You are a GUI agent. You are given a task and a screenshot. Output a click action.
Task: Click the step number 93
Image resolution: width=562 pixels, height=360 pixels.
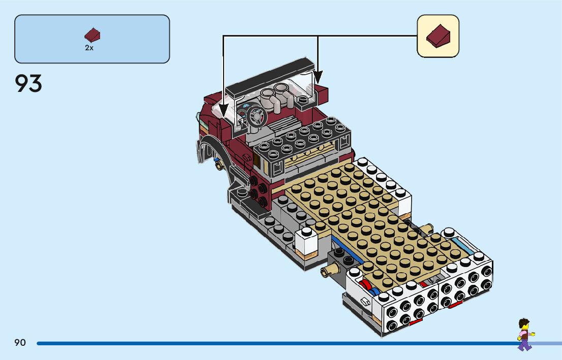[x=28, y=83]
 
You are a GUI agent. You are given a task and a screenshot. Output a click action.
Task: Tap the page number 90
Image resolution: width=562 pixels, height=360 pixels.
[x=20, y=343]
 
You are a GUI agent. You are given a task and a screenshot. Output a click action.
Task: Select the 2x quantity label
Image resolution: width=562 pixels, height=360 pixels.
[x=89, y=48]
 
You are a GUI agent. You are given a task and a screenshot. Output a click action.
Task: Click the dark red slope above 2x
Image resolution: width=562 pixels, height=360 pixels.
[x=92, y=36]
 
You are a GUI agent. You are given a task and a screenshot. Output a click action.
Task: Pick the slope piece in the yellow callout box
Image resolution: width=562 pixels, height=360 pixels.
[x=438, y=36]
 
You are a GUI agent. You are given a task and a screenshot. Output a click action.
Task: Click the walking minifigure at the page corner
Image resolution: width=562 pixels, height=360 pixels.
[x=523, y=334]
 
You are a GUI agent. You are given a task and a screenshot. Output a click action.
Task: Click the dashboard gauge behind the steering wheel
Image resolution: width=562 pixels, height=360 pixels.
[x=243, y=113]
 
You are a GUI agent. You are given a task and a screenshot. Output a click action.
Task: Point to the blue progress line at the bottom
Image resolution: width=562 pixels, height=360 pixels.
[x=274, y=343]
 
